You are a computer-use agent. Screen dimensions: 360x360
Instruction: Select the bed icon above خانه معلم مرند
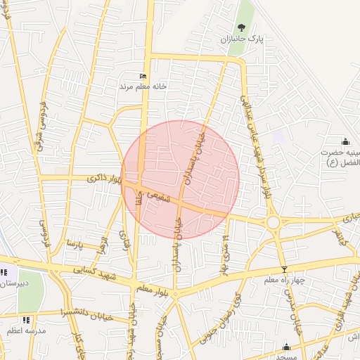tap(143, 76)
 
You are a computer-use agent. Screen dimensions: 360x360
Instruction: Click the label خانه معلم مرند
tap(143, 86)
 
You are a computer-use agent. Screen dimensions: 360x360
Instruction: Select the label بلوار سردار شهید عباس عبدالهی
tap(255, 148)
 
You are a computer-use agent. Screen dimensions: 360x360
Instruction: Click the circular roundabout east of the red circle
tap(274, 222)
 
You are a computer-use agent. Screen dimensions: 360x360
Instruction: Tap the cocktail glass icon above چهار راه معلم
tap(284, 270)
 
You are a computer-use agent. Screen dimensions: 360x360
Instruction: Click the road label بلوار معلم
tap(154, 286)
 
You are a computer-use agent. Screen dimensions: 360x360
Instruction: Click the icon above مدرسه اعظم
tap(26, 320)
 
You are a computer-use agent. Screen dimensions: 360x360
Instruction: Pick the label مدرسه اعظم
tap(26, 330)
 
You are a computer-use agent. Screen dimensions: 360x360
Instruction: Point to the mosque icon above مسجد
tap(286, 347)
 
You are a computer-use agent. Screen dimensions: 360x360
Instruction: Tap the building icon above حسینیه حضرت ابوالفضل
tap(345, 142)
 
